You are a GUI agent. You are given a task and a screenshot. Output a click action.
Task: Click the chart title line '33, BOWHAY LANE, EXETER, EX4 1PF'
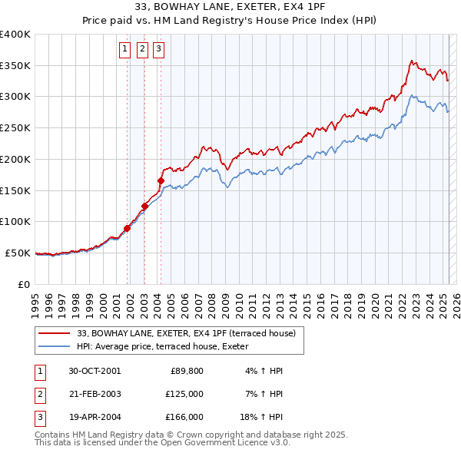[x=230, y=8]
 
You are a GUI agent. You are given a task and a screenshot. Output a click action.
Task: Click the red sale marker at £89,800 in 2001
[x=128, y=228]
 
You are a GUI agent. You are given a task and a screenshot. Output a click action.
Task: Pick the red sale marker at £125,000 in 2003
[x=144, y=206]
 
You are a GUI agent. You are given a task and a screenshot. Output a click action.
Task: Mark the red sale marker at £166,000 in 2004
[x=161, y=180]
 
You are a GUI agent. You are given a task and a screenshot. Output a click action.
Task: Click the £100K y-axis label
[x=16, y=222]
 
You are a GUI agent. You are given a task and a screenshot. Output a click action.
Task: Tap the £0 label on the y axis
[x=25, y=284]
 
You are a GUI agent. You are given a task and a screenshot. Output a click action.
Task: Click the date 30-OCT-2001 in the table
[x=95, y=371]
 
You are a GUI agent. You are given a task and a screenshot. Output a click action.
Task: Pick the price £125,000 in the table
[x=184, y=394]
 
